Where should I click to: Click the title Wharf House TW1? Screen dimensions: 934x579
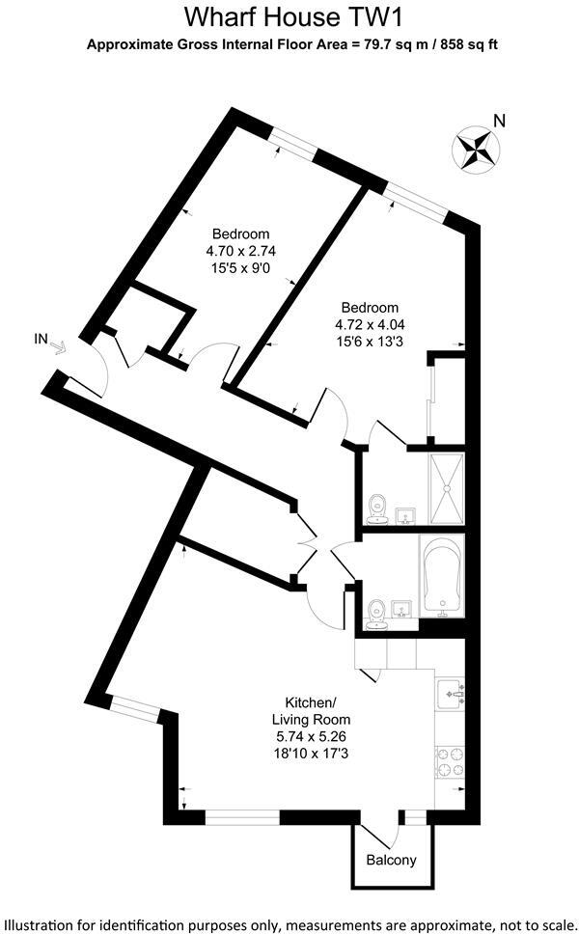tap(289, 17)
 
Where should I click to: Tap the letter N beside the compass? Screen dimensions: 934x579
tap(499, 121)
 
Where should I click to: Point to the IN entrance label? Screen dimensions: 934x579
tap(41, 338)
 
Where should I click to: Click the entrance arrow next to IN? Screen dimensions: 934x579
tap(58, 347)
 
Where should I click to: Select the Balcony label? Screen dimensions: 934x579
tap(391, 860)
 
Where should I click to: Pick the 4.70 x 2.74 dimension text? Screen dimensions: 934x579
tap(240, 250)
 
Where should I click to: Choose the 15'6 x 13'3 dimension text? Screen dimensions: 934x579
tap(367, 342)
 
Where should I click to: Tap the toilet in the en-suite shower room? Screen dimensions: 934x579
tap(378, 508)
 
